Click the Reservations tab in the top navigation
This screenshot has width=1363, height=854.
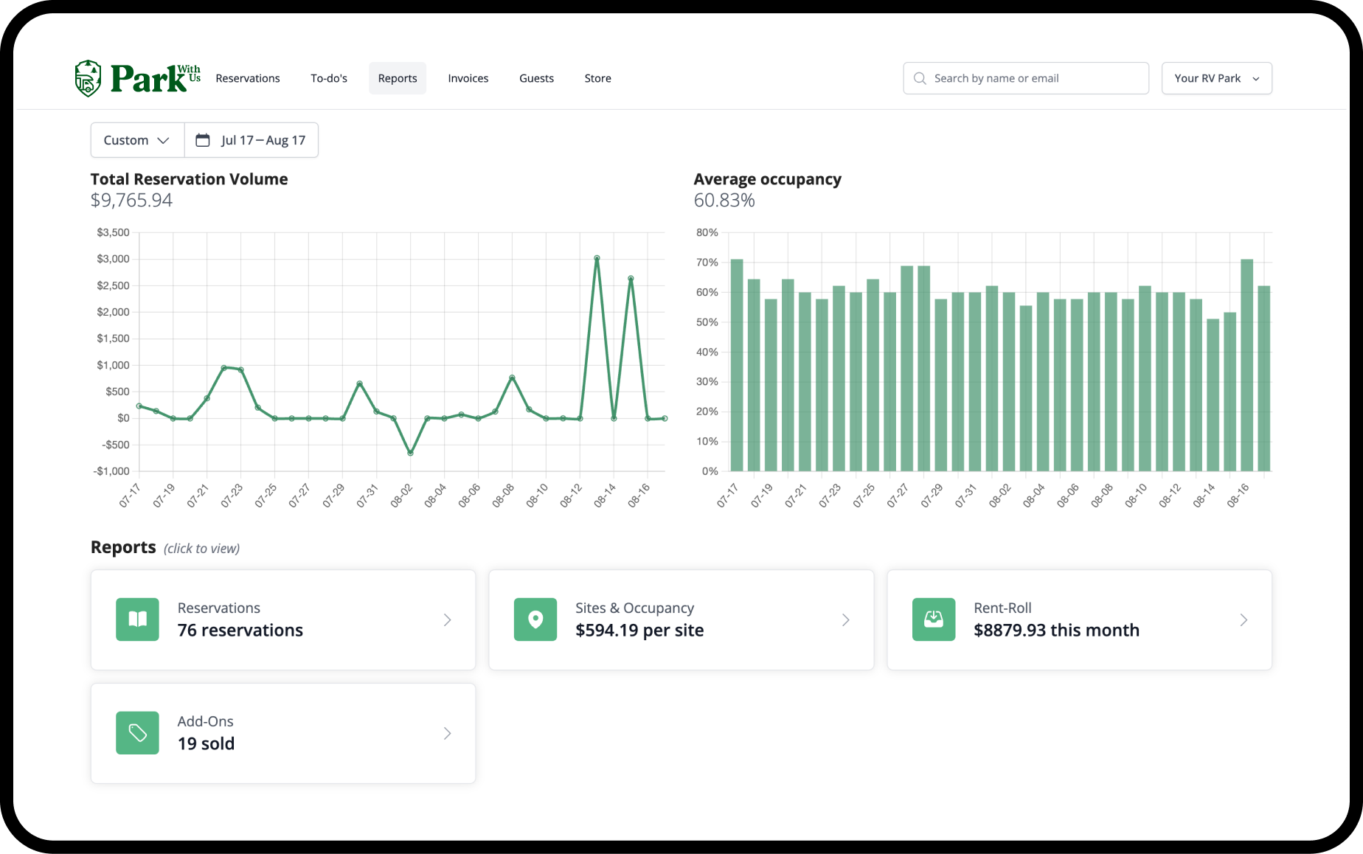tap(248, 78)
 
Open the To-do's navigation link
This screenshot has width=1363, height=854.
tap(329, 78)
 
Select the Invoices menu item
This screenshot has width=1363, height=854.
tap(468, 78)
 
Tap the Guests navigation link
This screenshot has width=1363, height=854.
tap(536, 78)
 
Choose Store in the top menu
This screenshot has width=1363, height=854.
tap(597, 78)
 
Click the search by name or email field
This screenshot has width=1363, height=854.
tap(1026, 78)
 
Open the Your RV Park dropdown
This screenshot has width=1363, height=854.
tap(1217, 78)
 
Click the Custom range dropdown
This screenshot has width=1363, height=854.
tap(137, 140)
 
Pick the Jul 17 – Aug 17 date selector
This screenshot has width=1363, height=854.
tap(252, 140)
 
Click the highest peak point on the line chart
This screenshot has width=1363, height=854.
tap(597, 258)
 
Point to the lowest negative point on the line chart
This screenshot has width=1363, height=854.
tap(411, 453)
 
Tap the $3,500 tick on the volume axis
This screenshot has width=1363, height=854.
tap(113, 232)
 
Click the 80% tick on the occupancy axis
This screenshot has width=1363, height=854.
tap(707, 232)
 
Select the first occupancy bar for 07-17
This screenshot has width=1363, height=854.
tap(737, 365)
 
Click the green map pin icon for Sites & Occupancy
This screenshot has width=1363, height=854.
tap(535, 619)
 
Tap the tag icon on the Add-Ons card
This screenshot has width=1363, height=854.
tap(137, 733)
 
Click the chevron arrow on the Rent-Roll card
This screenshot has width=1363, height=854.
tap(1244, 620)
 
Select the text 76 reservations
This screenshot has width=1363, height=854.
tap(240, 631)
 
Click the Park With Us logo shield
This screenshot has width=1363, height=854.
tap(88, 78)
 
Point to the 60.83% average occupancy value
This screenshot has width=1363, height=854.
tap(724, 201)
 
